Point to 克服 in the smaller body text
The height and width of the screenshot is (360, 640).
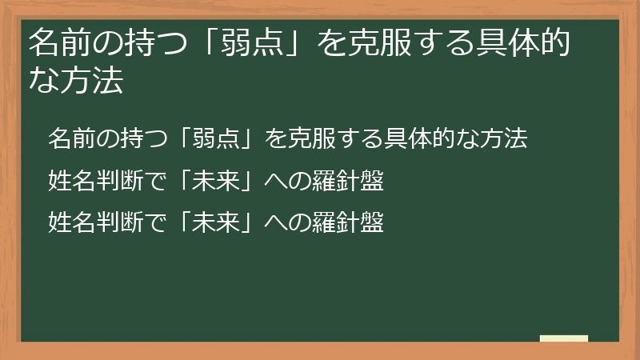point(309,138)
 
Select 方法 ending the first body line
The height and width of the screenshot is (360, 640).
point(507,138)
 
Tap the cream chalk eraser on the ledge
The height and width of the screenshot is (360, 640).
point(564,338)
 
